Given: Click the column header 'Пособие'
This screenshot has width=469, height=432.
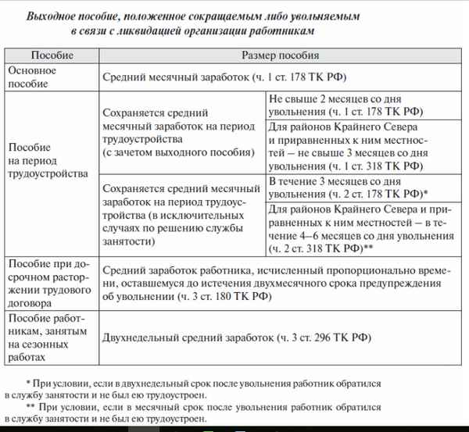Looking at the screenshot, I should [52, 55].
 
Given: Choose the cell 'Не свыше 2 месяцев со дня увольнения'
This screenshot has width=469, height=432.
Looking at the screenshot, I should [356, 105].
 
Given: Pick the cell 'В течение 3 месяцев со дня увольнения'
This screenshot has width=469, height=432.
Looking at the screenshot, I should [356, 187].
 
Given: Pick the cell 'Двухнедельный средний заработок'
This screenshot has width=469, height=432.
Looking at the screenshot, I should [234, 338].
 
